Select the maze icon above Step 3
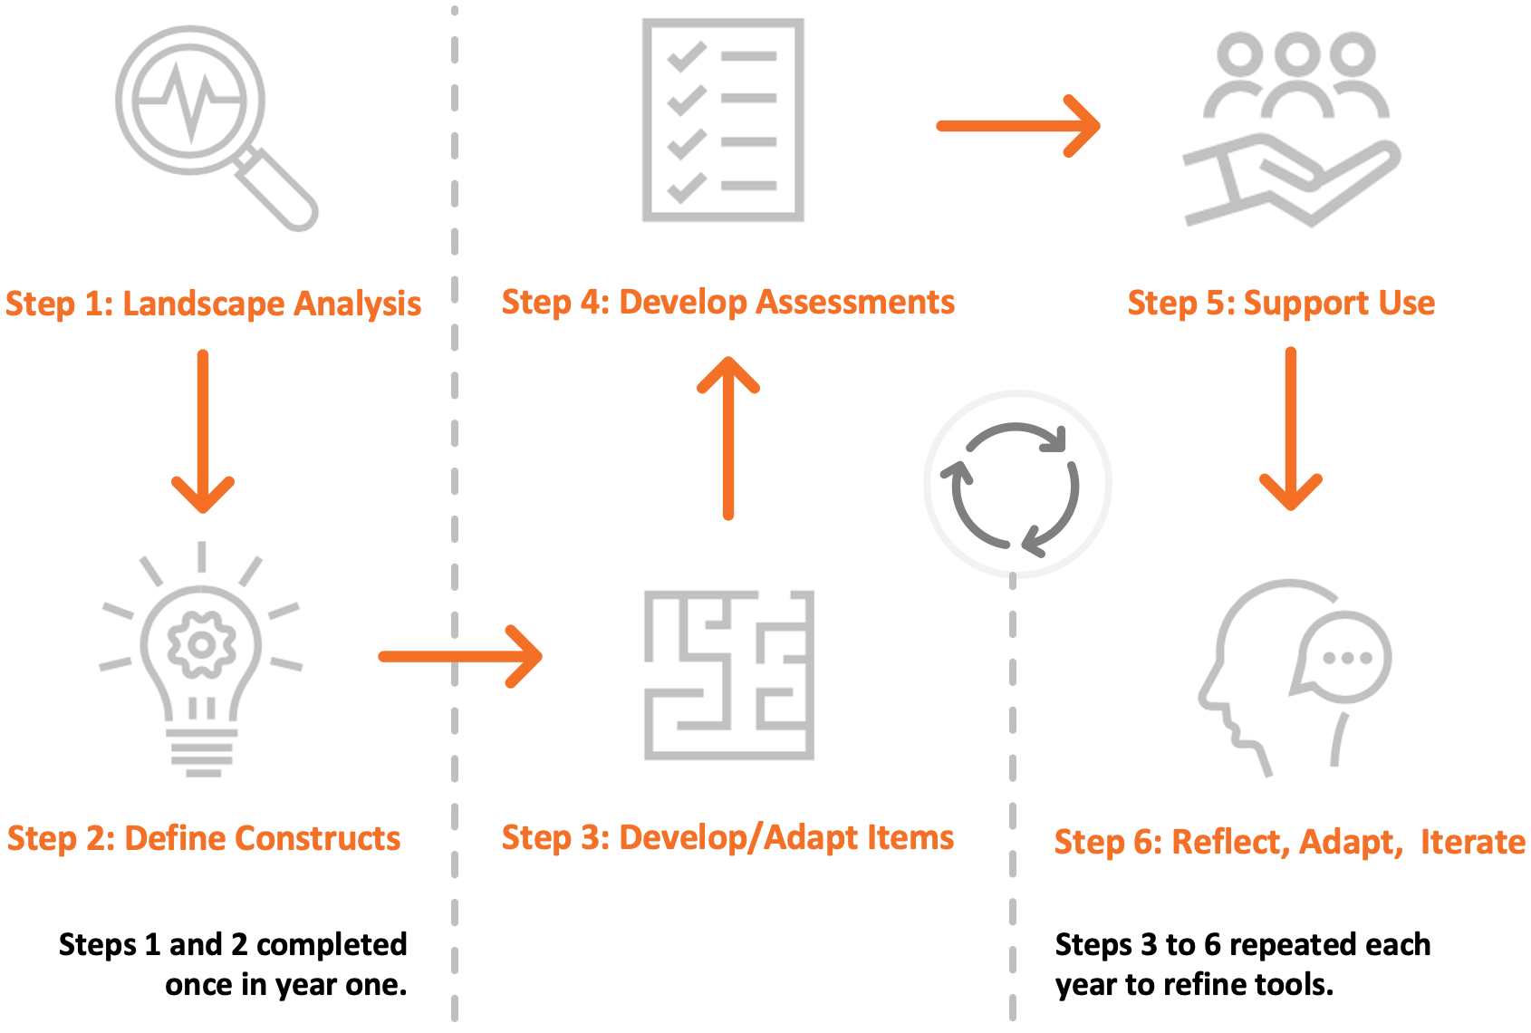tap(728, 674)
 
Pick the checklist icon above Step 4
tap(722, 120)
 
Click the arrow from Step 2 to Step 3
tap(460, 656)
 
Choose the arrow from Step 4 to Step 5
tap(1018, 126)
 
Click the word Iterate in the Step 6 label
tap(1472, 842)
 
